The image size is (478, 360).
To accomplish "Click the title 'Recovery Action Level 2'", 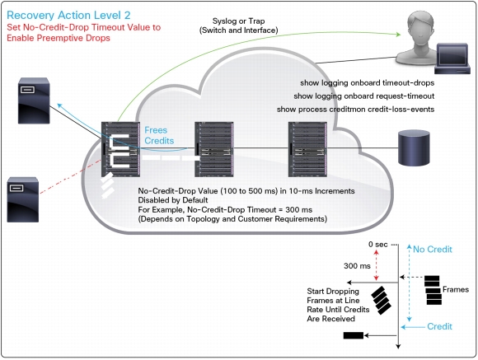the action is [68, 16].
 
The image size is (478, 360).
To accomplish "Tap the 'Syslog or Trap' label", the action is [238, 21].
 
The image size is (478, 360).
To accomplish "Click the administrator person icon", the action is [419, 38].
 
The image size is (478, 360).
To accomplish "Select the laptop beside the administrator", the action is [452, 58].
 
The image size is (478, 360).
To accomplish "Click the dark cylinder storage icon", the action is [414, 147].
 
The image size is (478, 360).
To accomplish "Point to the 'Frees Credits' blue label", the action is [159, 135].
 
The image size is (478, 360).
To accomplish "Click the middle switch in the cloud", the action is [214, 149].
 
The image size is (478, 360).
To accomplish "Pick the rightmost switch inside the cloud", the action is [307, 149].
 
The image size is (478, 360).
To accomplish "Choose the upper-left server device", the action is [34, 101].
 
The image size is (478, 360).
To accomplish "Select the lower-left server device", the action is [23, 199].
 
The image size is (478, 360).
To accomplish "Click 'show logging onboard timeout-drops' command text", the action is [367, 83].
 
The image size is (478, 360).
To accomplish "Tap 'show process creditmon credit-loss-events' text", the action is [355, 109].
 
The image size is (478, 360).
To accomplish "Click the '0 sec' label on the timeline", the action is [377, 245].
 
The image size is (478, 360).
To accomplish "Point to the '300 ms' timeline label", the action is [357, 266].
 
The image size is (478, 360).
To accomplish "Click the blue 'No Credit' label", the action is [433, 250].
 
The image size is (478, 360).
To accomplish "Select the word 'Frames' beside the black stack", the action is [456, 289].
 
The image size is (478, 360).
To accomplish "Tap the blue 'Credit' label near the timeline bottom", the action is [439, 326].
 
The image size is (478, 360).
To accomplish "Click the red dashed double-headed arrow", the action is [376, 265].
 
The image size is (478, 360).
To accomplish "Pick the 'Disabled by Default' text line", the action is [173, 200].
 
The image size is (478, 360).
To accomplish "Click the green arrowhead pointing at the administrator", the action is [398, 34].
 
